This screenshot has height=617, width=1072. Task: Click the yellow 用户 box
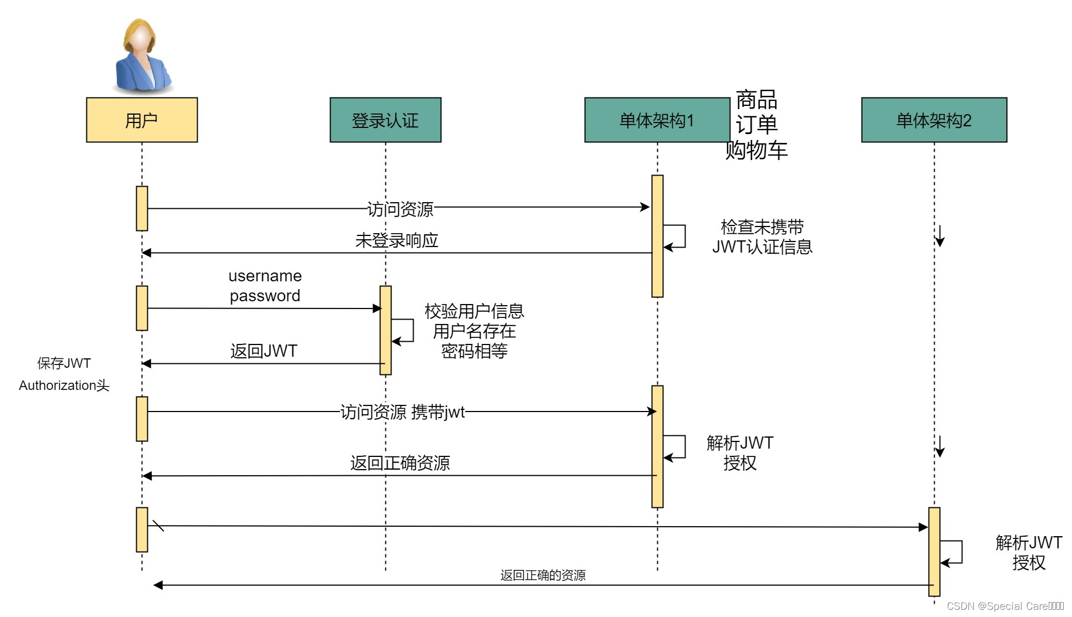[142, 120]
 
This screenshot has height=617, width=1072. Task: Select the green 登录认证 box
[385, 120]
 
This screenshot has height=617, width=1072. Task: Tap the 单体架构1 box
[657, 120]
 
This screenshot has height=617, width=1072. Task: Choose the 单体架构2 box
[934, 120]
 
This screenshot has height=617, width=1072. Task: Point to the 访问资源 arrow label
[400, 209]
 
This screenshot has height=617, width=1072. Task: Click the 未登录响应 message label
[396, 240]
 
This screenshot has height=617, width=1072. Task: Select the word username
[265, 276]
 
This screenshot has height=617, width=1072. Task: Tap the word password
[265, 296]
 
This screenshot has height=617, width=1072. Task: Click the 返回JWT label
[264, 351]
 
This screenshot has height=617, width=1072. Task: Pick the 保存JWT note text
[64, 363]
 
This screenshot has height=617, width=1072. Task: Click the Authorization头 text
[64, 385]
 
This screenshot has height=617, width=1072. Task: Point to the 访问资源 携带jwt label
[402, 412]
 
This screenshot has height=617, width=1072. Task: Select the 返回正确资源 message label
[400, 463]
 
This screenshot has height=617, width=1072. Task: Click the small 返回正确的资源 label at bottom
[543, 575]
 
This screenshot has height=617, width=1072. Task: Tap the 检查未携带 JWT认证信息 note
[762, 237]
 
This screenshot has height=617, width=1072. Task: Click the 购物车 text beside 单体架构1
[756, 150]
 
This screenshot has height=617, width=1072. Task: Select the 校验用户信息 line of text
[474, 311]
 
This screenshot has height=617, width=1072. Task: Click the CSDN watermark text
[1004, 606]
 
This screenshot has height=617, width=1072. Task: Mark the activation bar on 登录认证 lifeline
[385, 330]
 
